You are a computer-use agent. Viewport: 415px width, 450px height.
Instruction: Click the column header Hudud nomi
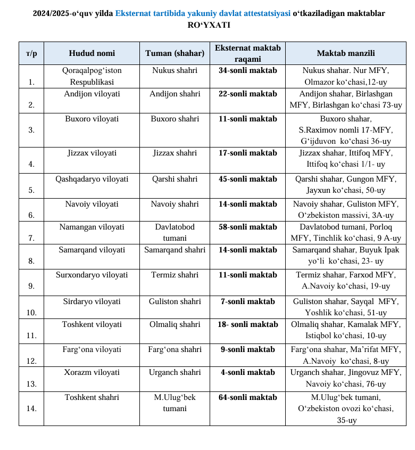tap(92, 53)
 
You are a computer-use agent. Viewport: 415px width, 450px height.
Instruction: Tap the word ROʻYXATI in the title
tap(209, 24)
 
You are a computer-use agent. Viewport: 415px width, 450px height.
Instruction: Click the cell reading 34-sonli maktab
tap(247, 70)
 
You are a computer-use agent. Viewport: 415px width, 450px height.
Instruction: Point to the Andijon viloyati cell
tap(92, 94)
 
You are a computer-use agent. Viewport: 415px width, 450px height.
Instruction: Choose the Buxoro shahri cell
tap(175, 119)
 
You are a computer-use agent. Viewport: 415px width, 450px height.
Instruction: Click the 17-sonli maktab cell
tap(247, 153)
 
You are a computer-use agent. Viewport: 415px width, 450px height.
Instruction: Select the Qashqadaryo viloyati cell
tap(92, 179)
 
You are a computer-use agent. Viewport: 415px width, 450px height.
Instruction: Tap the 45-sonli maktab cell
tap(247, 179)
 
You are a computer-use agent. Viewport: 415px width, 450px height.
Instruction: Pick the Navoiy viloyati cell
tap(92, 204)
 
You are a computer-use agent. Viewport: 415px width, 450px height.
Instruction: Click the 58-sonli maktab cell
tap(247, 227)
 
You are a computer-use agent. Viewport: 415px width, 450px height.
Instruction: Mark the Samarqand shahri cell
tap(175, 250)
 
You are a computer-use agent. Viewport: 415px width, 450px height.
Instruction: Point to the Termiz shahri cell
tap(175, 275)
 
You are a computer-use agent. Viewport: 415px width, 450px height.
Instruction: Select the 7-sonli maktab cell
tap(247, 301)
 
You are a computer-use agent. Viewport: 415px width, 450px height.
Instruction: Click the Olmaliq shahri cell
tap(175, 324)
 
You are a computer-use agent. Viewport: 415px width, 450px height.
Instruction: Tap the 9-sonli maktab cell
tap(247, 349)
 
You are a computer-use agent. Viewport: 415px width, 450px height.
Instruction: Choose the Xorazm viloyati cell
tap(92, 372)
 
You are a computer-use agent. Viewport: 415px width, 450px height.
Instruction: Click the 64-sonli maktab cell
tap(247, 397)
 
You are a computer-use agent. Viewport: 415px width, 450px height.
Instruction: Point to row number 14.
tap(31, 408)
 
